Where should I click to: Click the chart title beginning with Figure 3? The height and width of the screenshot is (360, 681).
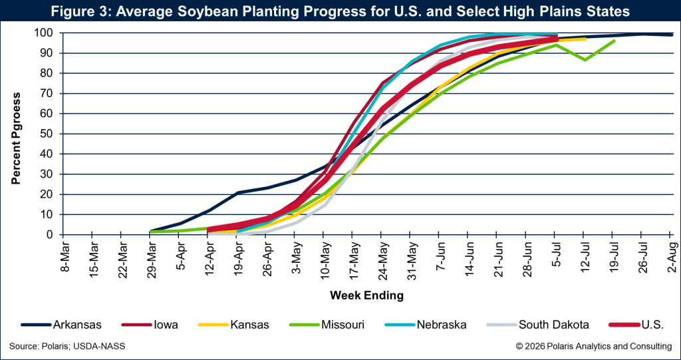point(340,12)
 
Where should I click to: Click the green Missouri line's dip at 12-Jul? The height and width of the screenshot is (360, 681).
point(584,60)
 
